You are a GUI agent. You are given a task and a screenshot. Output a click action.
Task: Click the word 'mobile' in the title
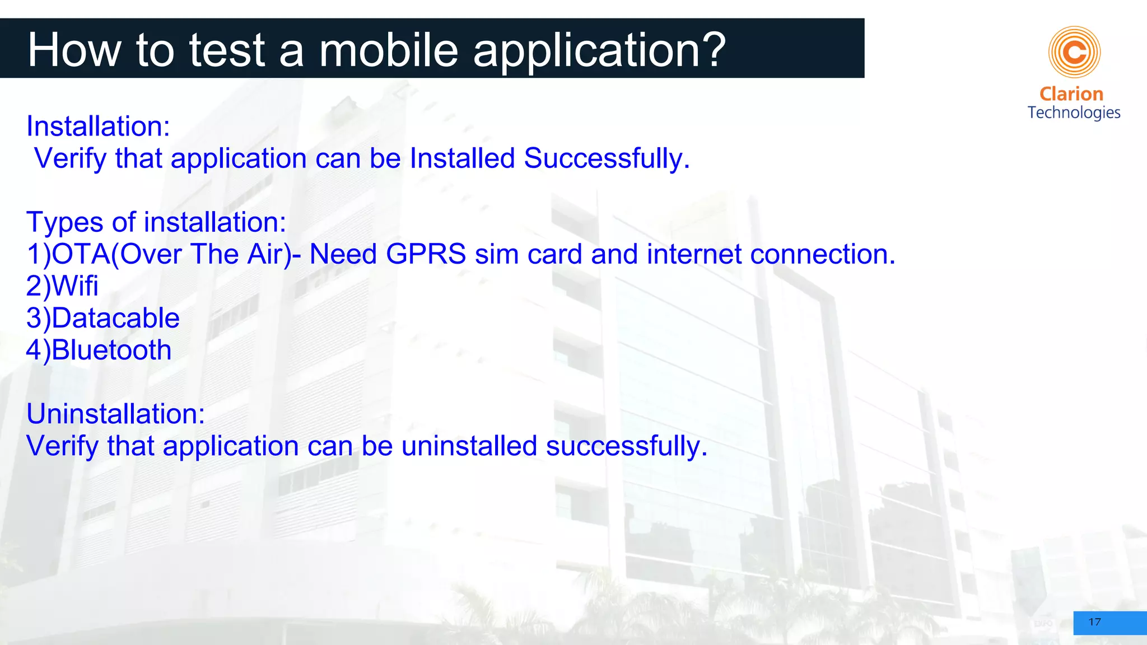pyautogui.click(x=389, y=50)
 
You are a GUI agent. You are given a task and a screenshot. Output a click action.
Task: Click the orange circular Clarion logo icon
pyautogui.click(x=1074, y=52)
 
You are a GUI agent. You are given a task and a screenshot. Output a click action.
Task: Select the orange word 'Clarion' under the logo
pyautogui.click(x=1071, y=94)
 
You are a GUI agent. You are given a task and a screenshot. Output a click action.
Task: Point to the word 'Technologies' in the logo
pyautogui.click(x=1074, y=113)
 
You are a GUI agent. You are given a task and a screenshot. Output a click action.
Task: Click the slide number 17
pyautogui.click(x=1094, y=622)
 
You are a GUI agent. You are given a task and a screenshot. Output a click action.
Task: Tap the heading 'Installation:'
pyautogui.click(x=98, y=127)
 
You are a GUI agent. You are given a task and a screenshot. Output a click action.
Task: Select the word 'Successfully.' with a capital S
pyautogui.click(x=607, y=158)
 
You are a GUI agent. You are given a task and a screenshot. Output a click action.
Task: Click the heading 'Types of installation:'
pyautogui.click(x=156, y=222)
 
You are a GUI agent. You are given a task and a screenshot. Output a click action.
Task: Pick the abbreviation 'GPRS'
pyautogui.click(x=426, y=254)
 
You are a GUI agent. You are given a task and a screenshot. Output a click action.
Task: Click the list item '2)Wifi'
pyautogui.click(x=62, y=286)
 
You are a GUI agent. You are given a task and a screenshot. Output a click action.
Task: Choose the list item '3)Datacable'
pyautogui.click(x=103, y=318)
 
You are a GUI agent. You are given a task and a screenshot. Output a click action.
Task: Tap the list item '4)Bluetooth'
pyautogui.click(x=99, y=350)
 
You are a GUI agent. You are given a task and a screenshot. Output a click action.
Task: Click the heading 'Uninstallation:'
pyautogui.click(x=116, y=414)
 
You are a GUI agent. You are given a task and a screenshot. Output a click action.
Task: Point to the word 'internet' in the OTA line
pyautogui.click(x=694, y=254)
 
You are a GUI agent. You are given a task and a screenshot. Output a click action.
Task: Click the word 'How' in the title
pyautogui.click(x=74, y=50)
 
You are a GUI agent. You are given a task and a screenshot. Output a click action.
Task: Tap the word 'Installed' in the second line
pyautogui.click(x=462, y=158)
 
